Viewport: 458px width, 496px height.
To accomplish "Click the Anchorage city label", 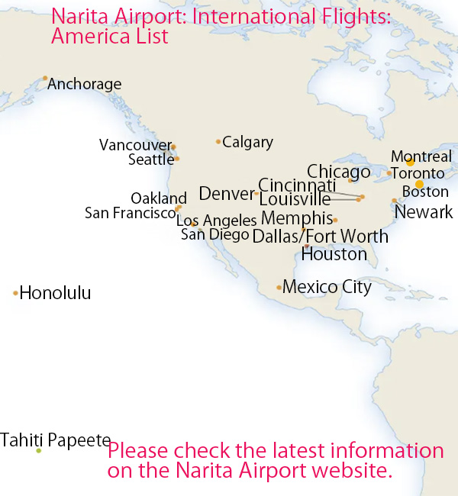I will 84,85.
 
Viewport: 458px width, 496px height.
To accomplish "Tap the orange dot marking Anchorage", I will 45,78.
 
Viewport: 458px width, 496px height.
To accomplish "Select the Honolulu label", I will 55,293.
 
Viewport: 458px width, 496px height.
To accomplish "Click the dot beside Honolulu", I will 15,293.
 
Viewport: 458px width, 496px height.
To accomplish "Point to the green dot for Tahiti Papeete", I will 38,451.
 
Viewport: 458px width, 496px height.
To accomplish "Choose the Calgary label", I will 247,142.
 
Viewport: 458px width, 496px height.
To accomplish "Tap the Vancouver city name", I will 135,145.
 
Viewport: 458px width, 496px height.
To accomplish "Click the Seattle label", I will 151,159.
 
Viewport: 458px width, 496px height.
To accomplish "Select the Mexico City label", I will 327,288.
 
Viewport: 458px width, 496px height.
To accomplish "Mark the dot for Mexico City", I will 279,288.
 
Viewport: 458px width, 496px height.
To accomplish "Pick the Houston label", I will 334,254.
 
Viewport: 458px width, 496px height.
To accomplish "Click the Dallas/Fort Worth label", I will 320,237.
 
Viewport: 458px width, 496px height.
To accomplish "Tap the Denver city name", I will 225,193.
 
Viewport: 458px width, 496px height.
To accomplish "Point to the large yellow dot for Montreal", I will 410,162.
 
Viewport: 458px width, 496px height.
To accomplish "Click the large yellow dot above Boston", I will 419,184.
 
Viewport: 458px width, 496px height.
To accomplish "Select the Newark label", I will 424,212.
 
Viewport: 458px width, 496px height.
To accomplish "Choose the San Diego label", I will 215,234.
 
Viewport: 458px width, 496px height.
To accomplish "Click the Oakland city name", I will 159,199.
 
